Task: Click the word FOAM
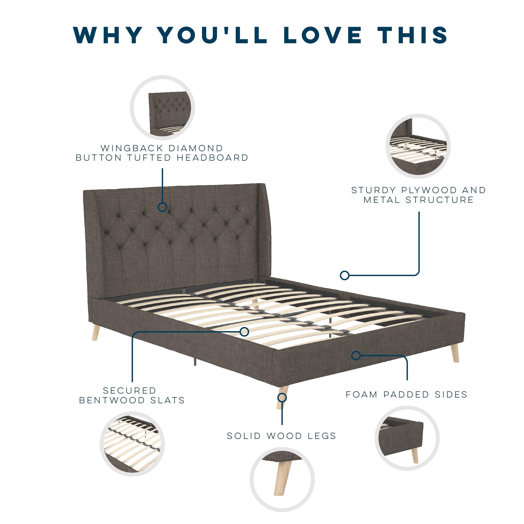(x=362, y=394)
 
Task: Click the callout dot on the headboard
(x=162, y=207)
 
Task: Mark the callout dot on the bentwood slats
(x=244, y=331)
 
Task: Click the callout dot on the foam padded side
(x=356, y=355)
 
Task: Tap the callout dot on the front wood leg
(x=282, y=398)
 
